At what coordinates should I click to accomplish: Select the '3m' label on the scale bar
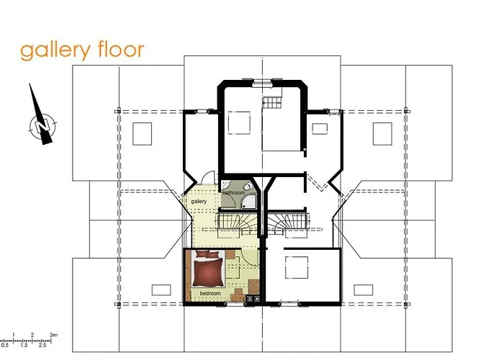[54, 335]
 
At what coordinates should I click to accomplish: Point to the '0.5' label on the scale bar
[5, 346]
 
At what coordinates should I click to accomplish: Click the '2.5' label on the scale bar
[44, 346]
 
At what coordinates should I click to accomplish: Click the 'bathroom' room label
[233, 193]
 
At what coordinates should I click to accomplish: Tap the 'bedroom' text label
[210, 294]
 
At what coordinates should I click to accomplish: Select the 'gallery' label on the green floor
[199, 201]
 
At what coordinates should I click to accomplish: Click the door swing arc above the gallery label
[207, 178]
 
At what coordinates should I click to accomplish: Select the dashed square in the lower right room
[296, 266]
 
